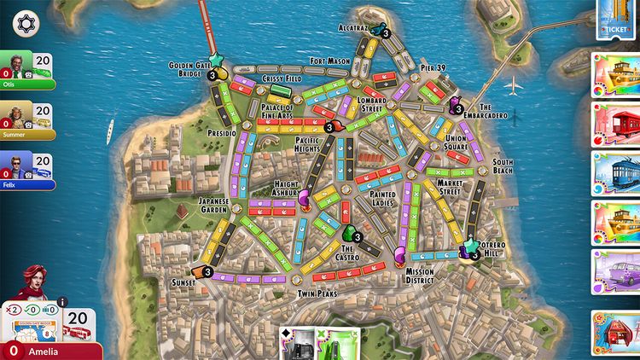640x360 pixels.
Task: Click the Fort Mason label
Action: [x=329, y=61]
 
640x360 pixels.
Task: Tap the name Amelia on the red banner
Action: [x=44, y=351]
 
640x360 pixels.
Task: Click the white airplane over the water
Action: [x=515, y=85]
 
